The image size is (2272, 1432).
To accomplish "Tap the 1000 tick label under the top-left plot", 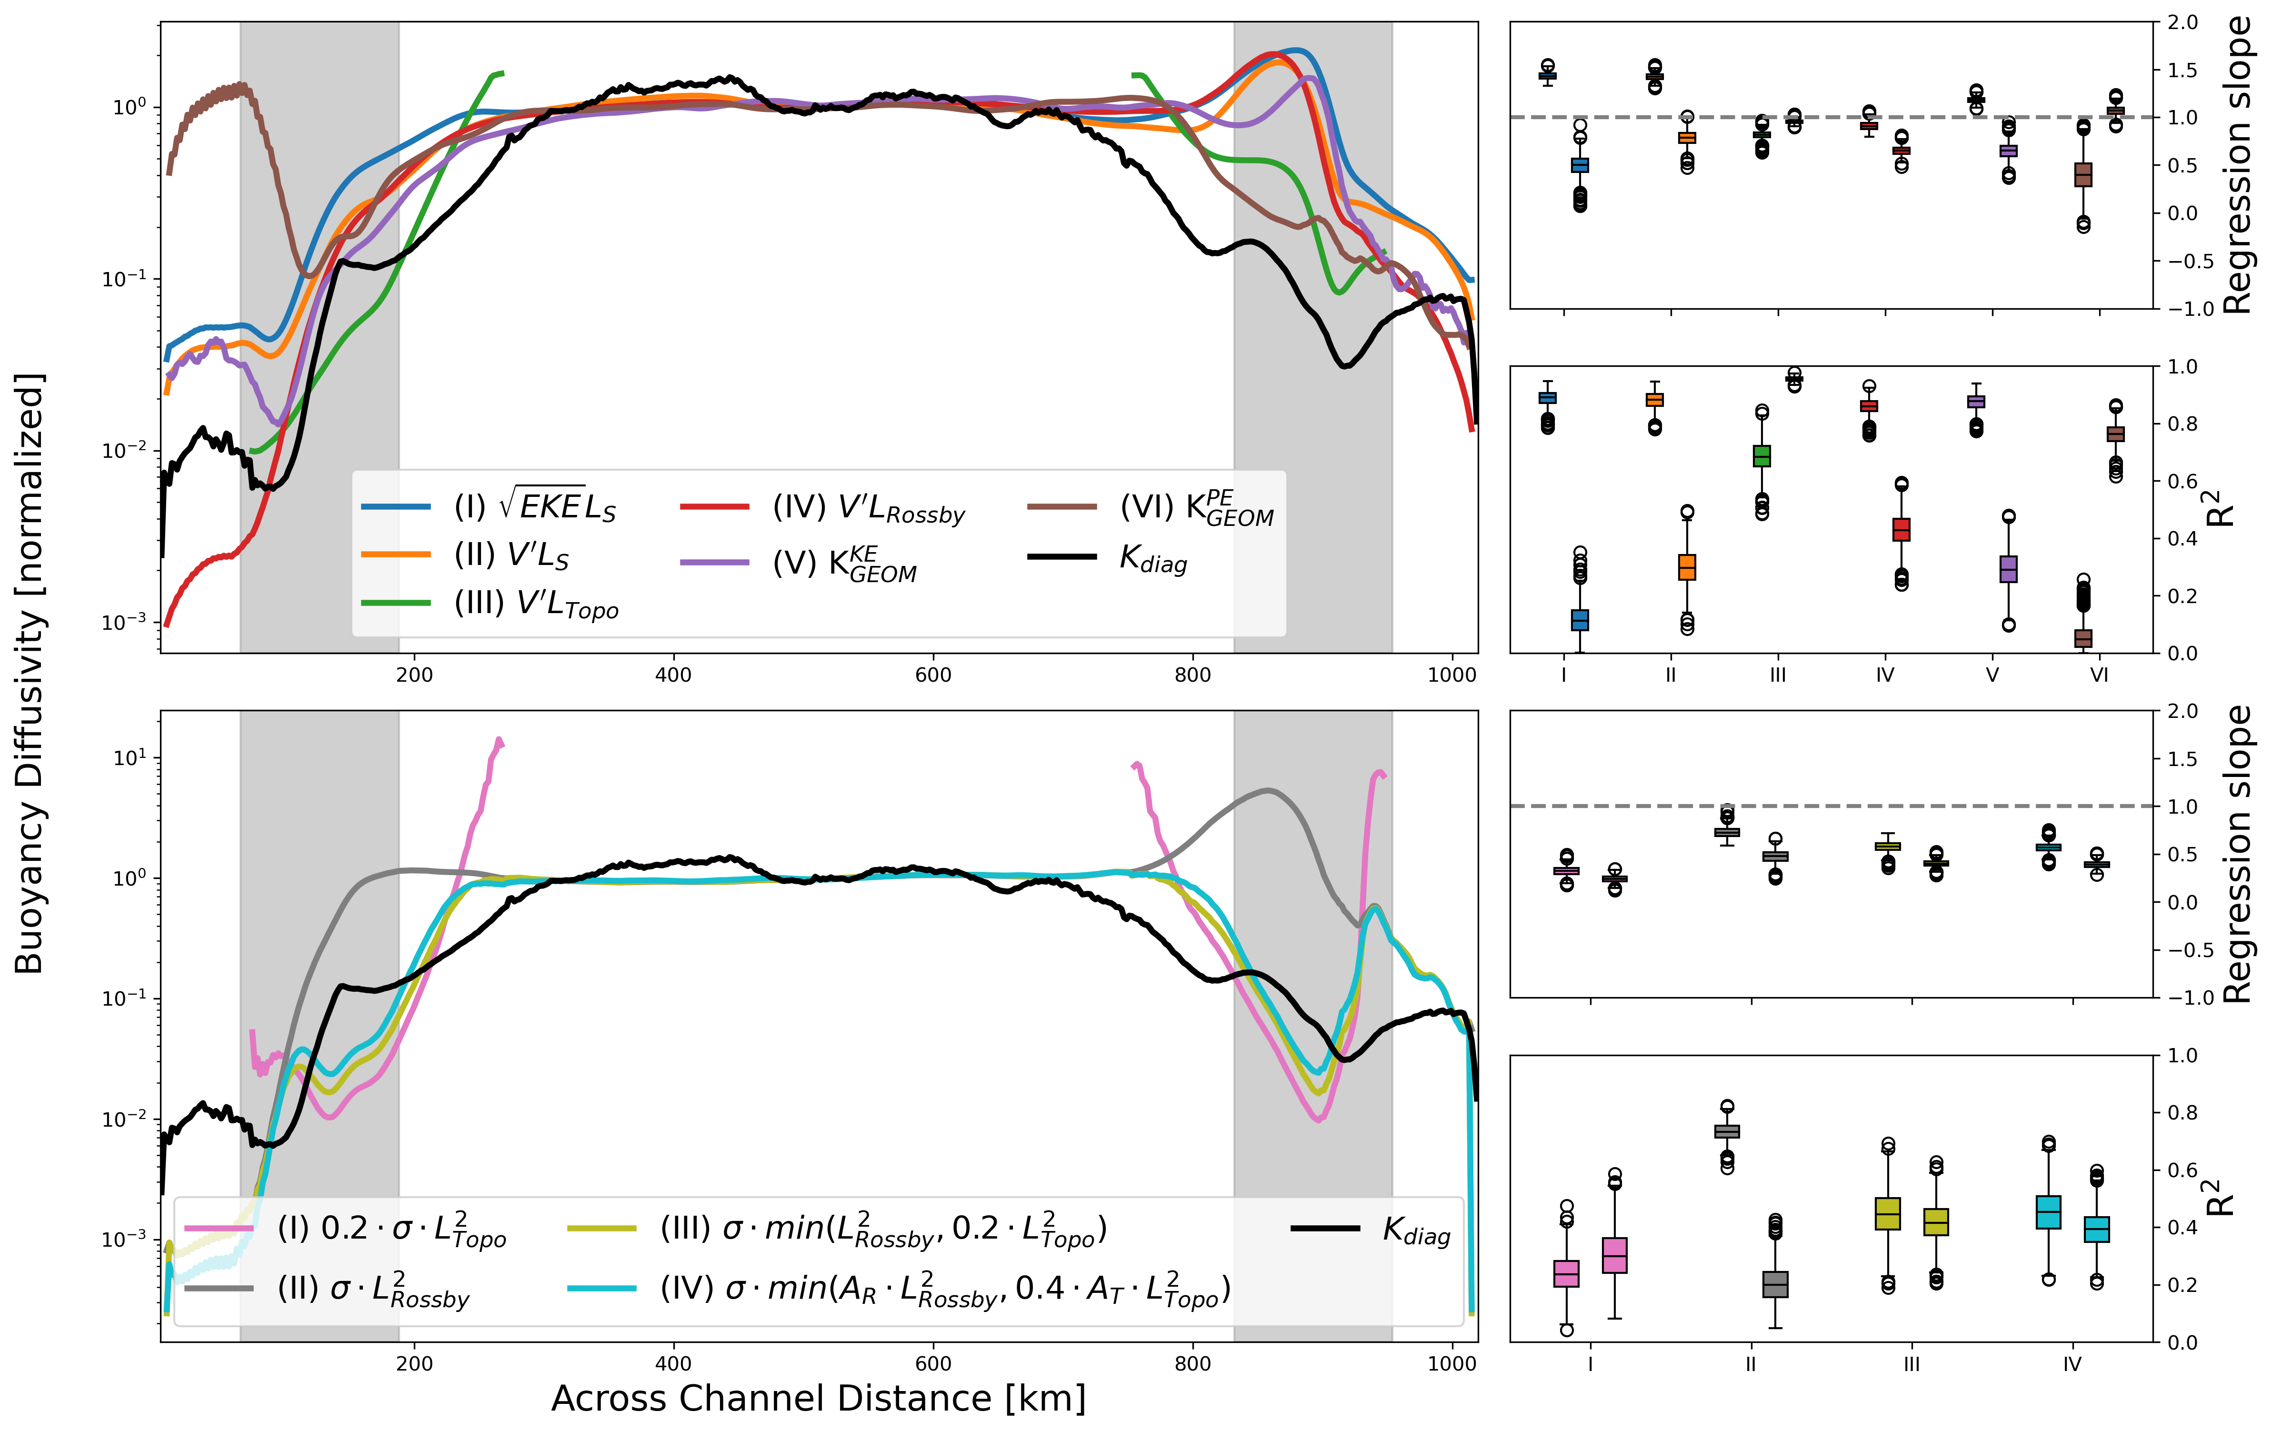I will click(1451, 675).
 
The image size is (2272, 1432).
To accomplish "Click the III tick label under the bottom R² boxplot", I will click(1912, 1364).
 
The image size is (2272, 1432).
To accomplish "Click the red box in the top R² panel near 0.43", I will click(1901, 530).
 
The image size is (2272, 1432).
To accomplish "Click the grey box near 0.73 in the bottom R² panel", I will click(1727, 1131).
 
